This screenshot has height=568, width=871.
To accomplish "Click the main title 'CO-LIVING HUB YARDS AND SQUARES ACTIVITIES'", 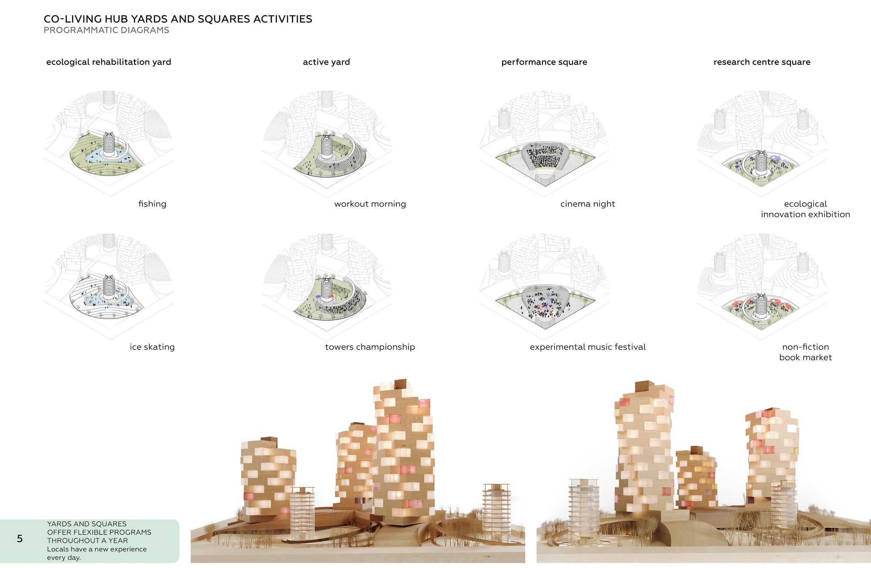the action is [x=178, y=19].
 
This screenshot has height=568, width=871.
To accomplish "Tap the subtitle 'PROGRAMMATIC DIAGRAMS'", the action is [x=106, y=30].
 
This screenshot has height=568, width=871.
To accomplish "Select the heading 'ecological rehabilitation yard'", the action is [x=108, y=62].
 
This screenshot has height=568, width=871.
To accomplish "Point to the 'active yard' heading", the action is [x=326, y=62].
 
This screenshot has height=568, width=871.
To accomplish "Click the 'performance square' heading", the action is [x=544, y=62].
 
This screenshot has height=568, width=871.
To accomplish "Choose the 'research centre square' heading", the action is [x=762, y=62].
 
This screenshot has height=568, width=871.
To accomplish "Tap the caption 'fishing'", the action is [x=152, y=204].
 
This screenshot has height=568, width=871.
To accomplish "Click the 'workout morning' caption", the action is [x=370, y=204].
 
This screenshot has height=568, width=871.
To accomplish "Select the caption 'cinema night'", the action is [x=587, y=204].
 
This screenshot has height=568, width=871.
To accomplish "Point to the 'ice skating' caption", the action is [x=152, y=347].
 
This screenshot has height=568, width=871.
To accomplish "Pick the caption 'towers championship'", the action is [x=370, y=347].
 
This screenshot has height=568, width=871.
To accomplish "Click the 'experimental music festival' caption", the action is [x=587, y=347].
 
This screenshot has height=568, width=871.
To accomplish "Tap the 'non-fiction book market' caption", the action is [x=805, y=352].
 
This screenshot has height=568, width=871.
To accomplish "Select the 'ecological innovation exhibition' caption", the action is [x=805, y=209].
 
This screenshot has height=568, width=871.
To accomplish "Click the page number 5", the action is [x=20, y=539].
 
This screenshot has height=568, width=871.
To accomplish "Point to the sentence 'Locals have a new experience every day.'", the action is [x=97, y=553].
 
